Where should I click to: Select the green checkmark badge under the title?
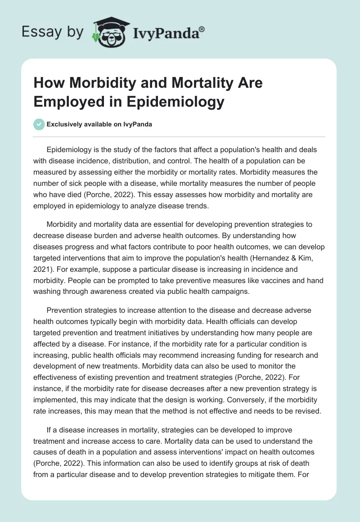39,125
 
